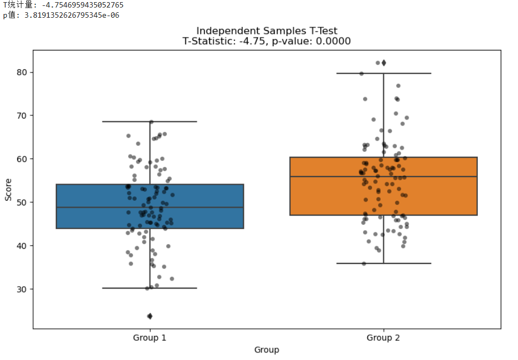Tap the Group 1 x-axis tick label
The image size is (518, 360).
[150, 338]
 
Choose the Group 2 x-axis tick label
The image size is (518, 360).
[383, 338]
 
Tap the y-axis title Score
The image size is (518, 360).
[9, 190]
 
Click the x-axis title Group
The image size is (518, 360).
[267, 350]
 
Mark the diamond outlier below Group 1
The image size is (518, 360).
[150, 316]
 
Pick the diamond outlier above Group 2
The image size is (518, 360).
[383, 63]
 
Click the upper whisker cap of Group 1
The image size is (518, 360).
[150, 122]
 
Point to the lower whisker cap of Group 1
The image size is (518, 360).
[150, 288]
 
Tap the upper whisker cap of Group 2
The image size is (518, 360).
[383, 73]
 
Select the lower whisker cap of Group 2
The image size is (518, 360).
[383, 263]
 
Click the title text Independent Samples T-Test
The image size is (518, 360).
[267, 31]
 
